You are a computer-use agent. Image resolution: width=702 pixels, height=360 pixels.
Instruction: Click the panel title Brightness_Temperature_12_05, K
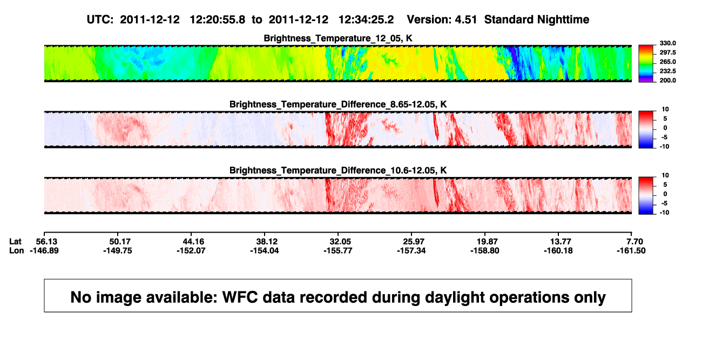338,38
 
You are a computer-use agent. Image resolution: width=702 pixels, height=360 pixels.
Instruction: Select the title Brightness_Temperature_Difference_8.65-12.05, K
338,104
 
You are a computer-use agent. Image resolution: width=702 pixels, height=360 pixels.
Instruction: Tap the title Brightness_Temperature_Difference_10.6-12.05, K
338,171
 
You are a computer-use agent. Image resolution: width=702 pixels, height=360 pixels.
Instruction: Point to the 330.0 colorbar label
667,43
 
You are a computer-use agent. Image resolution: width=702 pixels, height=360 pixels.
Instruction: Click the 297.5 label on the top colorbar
667,52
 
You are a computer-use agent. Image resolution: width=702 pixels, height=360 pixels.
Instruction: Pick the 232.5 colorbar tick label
667,71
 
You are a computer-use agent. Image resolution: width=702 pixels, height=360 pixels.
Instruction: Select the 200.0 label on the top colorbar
667,80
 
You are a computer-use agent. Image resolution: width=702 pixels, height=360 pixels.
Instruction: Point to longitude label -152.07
191,250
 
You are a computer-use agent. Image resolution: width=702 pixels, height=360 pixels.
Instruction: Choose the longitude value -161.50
631,250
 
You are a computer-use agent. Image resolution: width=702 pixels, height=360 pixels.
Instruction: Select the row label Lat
15,242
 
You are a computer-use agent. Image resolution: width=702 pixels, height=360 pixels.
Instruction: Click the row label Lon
16,250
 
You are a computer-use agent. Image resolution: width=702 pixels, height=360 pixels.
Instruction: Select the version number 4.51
465,20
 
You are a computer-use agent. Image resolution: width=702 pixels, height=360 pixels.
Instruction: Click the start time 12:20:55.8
218,20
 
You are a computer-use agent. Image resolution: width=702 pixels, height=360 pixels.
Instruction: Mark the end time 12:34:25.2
366,20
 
